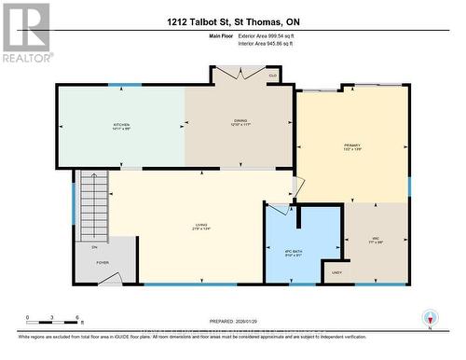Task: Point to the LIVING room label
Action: [200, 226]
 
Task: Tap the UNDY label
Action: [336, 273]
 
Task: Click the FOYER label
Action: [103, 263]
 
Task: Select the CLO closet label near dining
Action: [272, 76]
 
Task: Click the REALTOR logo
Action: [25, 33]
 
